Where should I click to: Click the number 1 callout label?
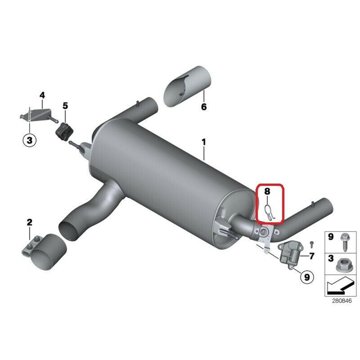pyautogui.click(x=204, y=142)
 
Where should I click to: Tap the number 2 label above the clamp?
pyautogui.click(x=30, y=222)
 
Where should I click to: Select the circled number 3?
pyautogui.click(x=30, y=140)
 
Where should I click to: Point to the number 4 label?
pyautogui.click(x=42, y=95)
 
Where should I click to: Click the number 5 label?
pyautogui.click(x=65, y=106)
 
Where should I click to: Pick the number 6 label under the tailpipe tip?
pyautogui.click(x=204, y=107)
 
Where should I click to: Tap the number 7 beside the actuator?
pyautogui.click(x=312, y=256)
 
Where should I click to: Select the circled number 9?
pyautogui.click(x=307, y=277)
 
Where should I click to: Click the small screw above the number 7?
pyautogui.click(x=312, y=244)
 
